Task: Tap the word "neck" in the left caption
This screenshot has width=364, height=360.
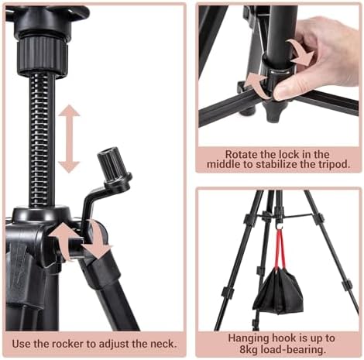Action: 163,344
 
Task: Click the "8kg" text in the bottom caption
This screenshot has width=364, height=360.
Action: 249,350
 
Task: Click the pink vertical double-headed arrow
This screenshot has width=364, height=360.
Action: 69,139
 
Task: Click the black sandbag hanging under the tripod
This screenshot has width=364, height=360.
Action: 278,292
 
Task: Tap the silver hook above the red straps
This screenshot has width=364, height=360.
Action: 279,226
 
